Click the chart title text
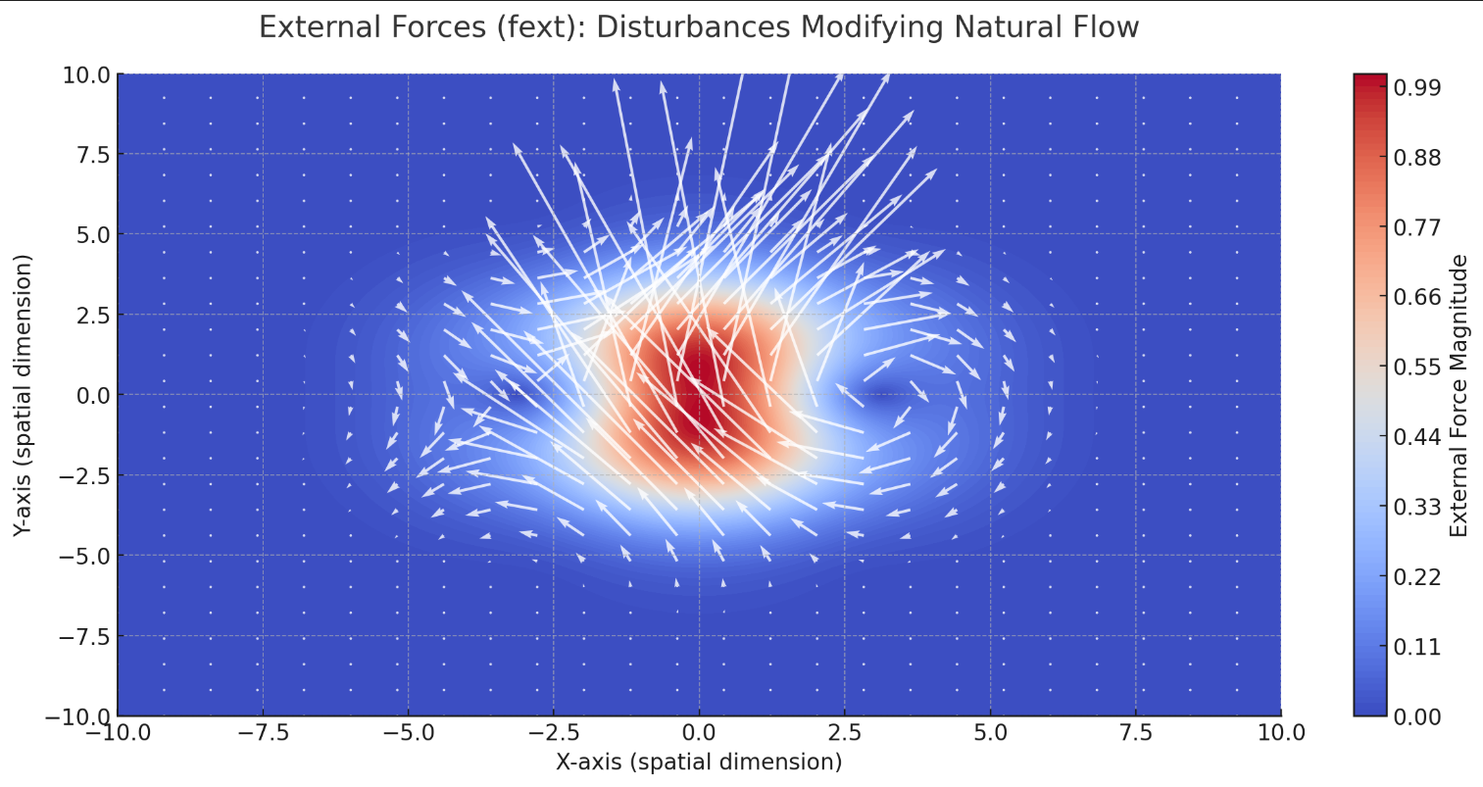tap(698, 27)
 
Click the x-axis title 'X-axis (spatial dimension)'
tap(698, 762)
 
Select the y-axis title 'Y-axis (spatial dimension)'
tap(24, 395)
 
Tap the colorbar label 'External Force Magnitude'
tap(1458, 395)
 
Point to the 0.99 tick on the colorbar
tap(1417, 88)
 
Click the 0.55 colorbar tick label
tap(1417, 368)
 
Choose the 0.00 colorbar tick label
tap(1417, 716)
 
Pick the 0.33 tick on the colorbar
tap(1417, 507)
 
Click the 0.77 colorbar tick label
tap(1417, 228)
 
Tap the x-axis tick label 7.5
tap(1135, 733)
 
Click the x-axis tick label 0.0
tap(698, 733)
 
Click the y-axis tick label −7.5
tap(82, 636)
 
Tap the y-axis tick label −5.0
tap(82, 556)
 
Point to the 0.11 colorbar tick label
tap(1417, 647)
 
